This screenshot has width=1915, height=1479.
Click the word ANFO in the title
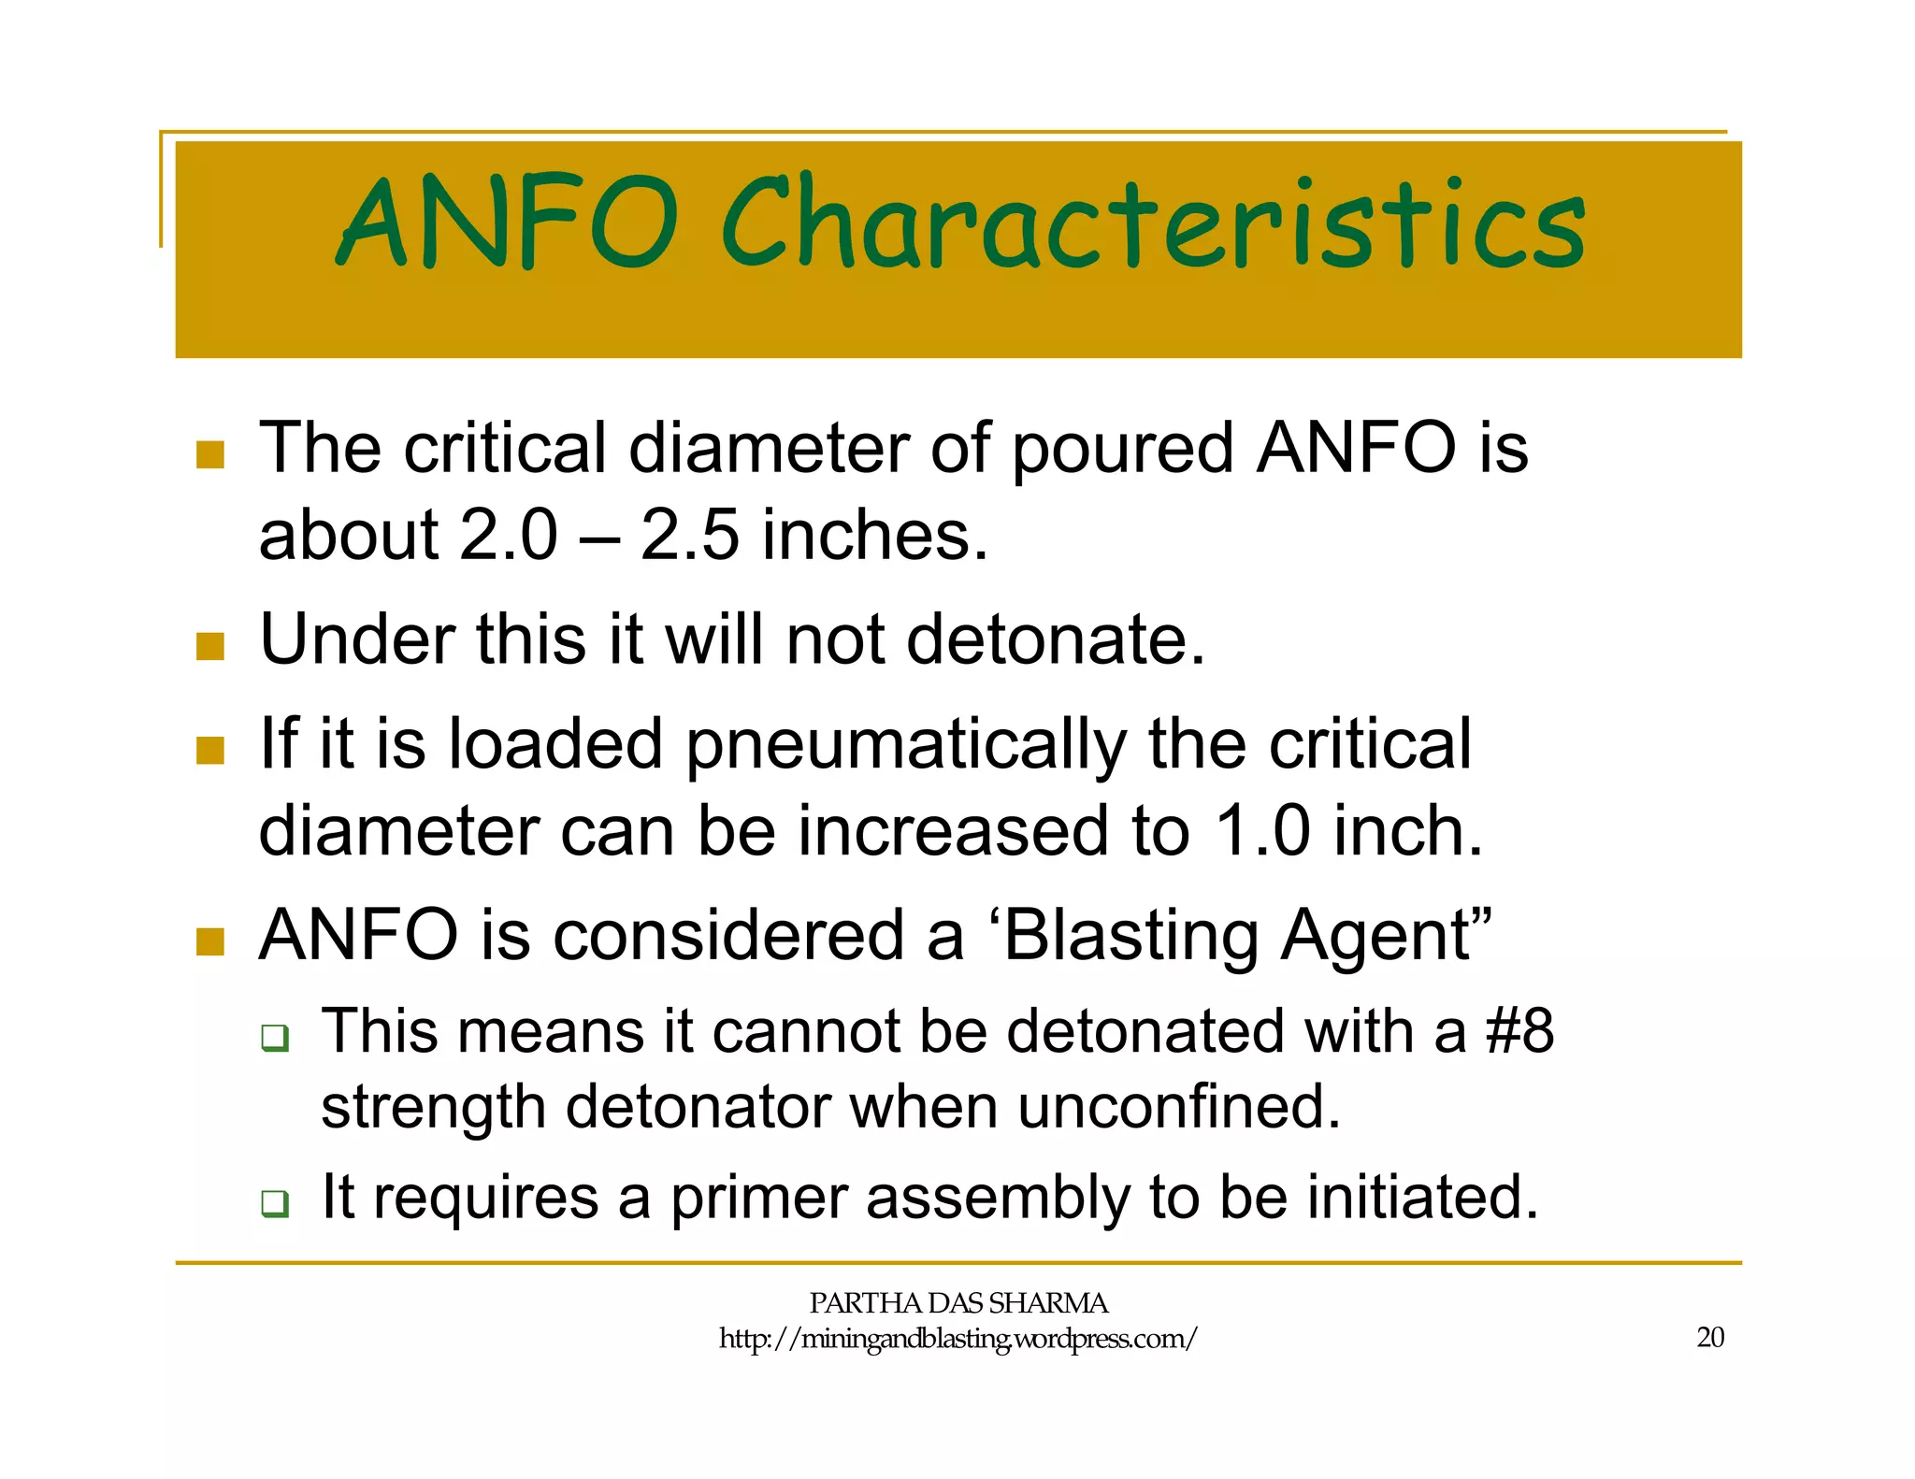pyautogui.click(x=505, y=223)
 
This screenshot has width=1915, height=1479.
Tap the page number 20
pyautogui.click(x=1710, y=1338)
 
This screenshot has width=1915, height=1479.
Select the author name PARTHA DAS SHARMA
pyautogui.click(x=957, y=1303)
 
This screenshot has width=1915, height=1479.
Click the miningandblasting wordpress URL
pyautogui.click(x=957, y=1340)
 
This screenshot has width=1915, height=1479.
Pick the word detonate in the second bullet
pyautogui.click(x=1055, y=640)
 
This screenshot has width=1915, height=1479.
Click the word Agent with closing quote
pyautogui.click(x=1387, y=937)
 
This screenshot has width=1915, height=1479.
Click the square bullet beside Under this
pyautogui.click(x=210, y=646)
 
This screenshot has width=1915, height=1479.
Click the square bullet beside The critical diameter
pyautogui.click(x=210, y=454)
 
